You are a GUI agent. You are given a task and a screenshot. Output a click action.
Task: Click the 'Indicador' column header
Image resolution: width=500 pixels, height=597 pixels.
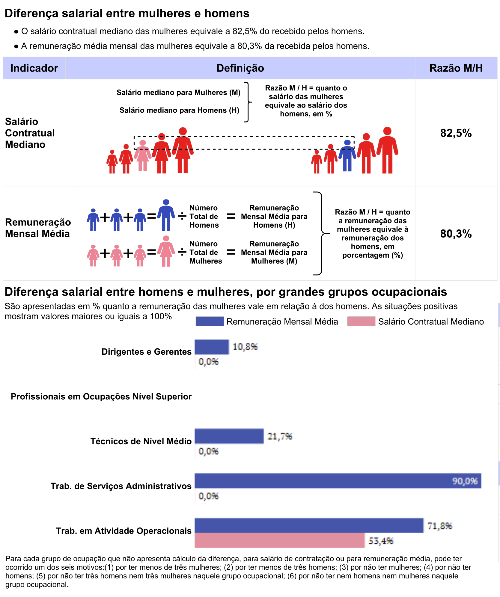34,68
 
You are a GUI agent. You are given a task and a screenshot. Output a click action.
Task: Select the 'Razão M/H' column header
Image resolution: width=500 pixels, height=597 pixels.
456,68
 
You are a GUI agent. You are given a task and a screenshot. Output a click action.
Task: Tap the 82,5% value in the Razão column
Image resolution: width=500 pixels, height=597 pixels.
456,133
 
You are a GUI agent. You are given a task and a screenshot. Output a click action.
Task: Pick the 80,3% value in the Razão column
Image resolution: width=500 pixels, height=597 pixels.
456,234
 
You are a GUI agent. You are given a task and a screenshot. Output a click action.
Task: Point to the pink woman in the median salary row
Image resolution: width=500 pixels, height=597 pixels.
143,156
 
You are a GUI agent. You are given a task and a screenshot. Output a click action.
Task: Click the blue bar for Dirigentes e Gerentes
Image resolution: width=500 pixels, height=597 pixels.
212,347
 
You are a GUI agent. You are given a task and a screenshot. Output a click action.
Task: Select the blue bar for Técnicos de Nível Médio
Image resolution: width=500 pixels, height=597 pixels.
229,436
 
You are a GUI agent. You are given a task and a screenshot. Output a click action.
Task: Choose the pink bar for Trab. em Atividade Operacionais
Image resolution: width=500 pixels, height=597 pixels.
279,540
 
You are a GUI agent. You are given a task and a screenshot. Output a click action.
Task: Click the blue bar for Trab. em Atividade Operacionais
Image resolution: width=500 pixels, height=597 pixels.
309,525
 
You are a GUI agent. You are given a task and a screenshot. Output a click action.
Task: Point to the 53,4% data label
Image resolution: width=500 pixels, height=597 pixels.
381,541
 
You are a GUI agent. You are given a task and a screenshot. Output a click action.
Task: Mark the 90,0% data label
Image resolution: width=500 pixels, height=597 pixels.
465,481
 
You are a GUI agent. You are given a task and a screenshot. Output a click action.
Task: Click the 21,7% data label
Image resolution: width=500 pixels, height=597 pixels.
280,436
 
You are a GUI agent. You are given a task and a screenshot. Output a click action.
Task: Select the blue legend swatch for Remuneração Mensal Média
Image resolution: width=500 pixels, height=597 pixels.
210,321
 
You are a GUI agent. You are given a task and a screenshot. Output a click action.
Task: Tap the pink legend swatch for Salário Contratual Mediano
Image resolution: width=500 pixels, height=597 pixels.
361,321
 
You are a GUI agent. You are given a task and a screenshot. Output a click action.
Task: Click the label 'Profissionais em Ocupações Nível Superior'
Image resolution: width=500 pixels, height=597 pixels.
101,397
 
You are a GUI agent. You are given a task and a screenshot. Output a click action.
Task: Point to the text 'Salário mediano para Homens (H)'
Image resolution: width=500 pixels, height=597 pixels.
179,110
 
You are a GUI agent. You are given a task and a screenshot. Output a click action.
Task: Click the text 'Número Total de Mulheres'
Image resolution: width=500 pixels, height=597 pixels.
206,253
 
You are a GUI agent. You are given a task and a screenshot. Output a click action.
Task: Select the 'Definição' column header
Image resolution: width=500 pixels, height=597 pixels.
240,68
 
